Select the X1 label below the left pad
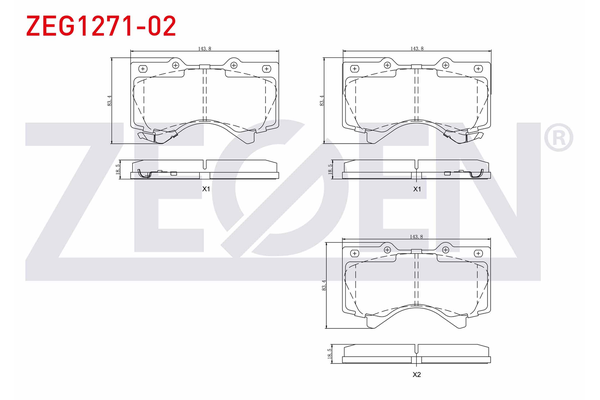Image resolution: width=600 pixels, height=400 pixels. [x=205, y=188]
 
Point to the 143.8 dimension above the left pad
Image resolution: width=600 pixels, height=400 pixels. [x=205, y=49]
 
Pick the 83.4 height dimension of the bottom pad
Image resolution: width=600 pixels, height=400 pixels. [x=325, y=288]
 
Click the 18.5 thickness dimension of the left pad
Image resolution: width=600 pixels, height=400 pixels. [x=120, y=171]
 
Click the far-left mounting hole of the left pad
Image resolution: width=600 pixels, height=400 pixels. [x=144, y=68]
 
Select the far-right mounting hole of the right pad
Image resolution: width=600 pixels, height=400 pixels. [x=477, y=68]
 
